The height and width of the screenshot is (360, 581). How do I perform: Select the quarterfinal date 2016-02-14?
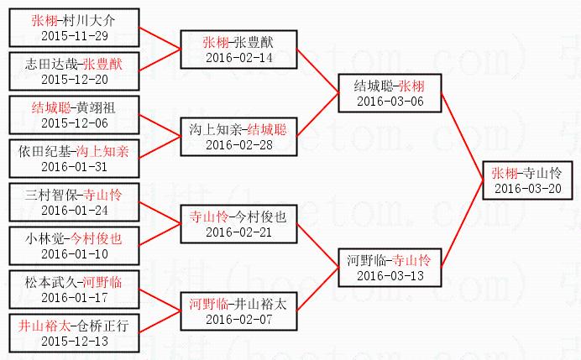(x=238, y=57)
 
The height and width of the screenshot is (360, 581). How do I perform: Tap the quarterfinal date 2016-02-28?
(x=238, y=144)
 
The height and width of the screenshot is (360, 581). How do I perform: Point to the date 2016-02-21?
(x=238, y=232)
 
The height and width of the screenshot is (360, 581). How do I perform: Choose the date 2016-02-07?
(x=238, y=318)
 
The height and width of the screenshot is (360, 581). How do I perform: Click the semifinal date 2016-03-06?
(x=390, y=101)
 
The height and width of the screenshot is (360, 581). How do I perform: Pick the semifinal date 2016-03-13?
(x=390, y=275)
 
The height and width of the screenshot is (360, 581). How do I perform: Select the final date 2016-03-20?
(x=527, y=188)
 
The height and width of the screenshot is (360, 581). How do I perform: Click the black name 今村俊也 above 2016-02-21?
(x=261, y=217)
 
